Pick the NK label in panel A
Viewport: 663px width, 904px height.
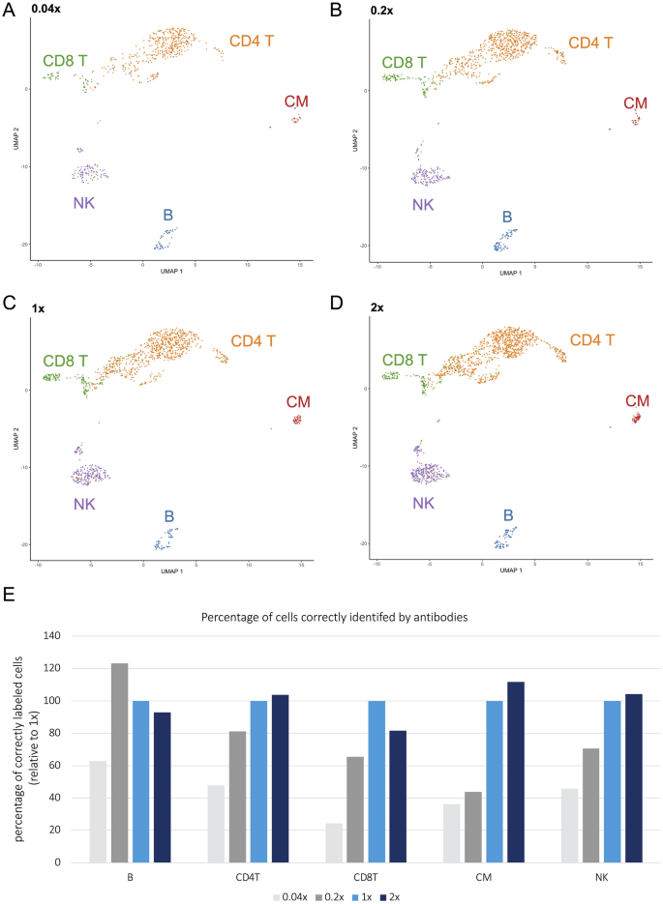(x=83, y=203)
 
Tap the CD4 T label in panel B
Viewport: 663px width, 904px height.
(x=594, y=44)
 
